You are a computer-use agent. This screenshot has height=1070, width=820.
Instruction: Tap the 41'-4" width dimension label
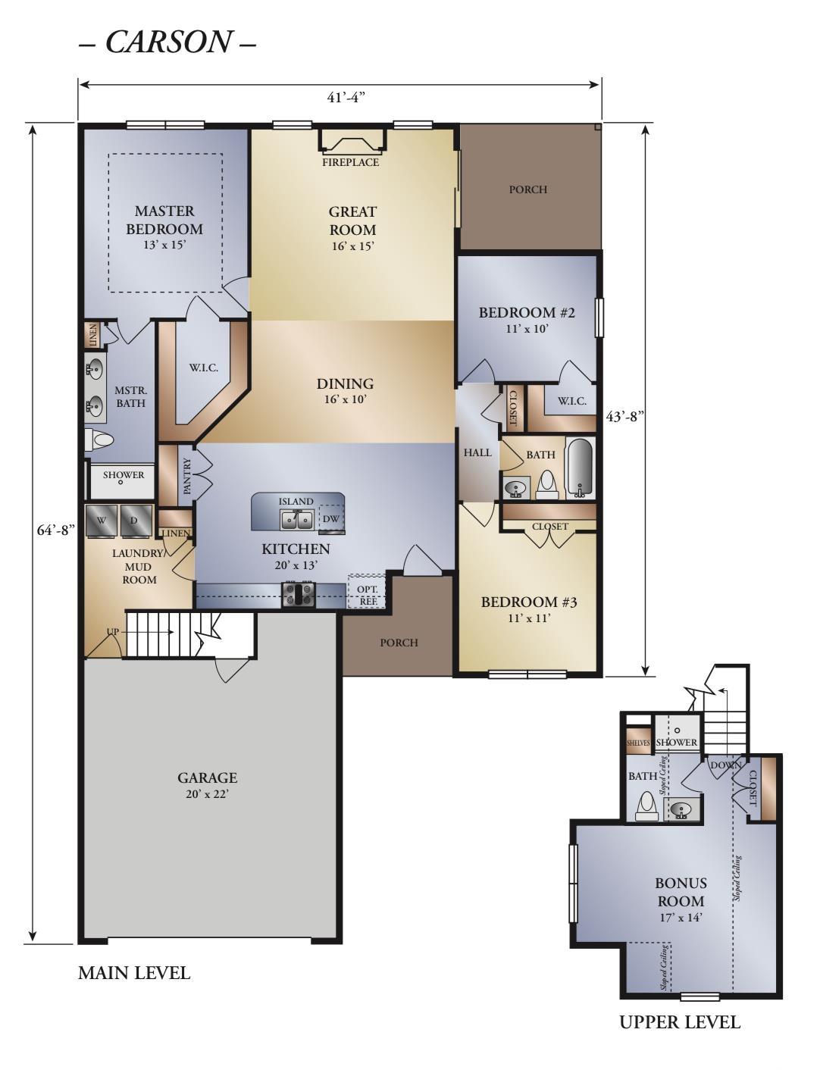tap(346, 98)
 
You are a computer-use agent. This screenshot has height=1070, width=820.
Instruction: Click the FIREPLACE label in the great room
tap(350, 162)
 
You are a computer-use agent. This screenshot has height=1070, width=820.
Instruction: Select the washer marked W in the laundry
tap(102, 520)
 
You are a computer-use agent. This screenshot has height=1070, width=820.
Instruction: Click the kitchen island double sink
tap(297, 520)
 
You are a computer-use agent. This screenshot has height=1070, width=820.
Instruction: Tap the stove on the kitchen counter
tap(299, 594)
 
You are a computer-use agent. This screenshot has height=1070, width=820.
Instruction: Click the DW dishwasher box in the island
tap(332, 518)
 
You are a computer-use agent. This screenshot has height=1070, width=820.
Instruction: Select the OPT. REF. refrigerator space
tap(366, 591)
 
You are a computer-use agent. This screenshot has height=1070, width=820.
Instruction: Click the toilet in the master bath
tap(99, 440)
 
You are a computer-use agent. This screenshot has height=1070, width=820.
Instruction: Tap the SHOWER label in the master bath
tap(124, 475)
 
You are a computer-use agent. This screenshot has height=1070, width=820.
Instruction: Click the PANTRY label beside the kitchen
tap(186, 476)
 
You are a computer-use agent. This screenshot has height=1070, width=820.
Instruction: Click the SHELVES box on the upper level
tap(638, 743)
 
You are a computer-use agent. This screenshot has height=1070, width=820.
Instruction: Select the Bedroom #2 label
tap(527, 313)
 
